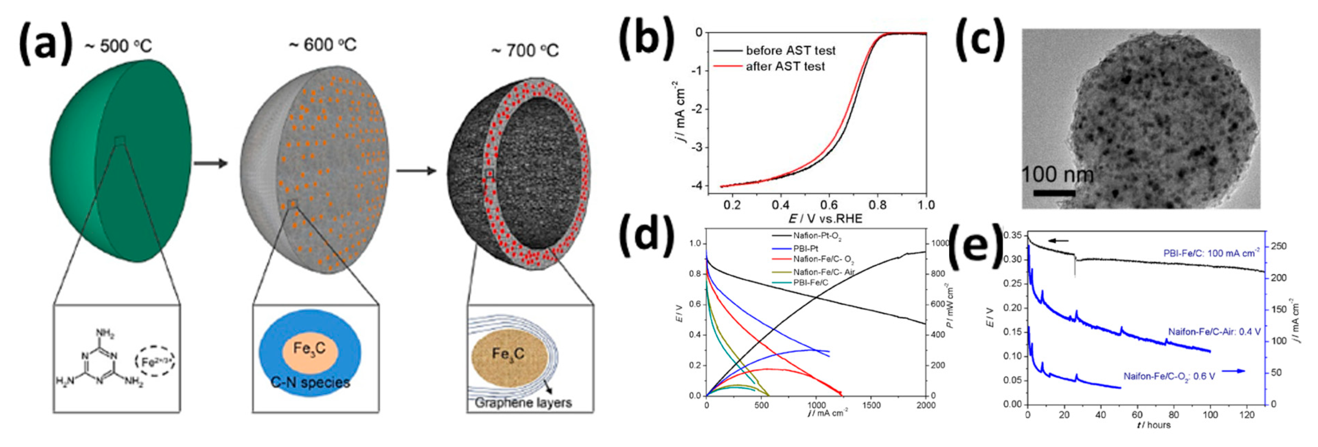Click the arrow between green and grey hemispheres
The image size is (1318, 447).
[x=210, y=163]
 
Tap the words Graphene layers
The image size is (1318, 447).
[x=523, y=402]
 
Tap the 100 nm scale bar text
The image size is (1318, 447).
[x=1057, y=175]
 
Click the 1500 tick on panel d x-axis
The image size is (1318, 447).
[x=871, y=405]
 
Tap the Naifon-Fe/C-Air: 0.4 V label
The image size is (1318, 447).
[x=1214, y=332]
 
